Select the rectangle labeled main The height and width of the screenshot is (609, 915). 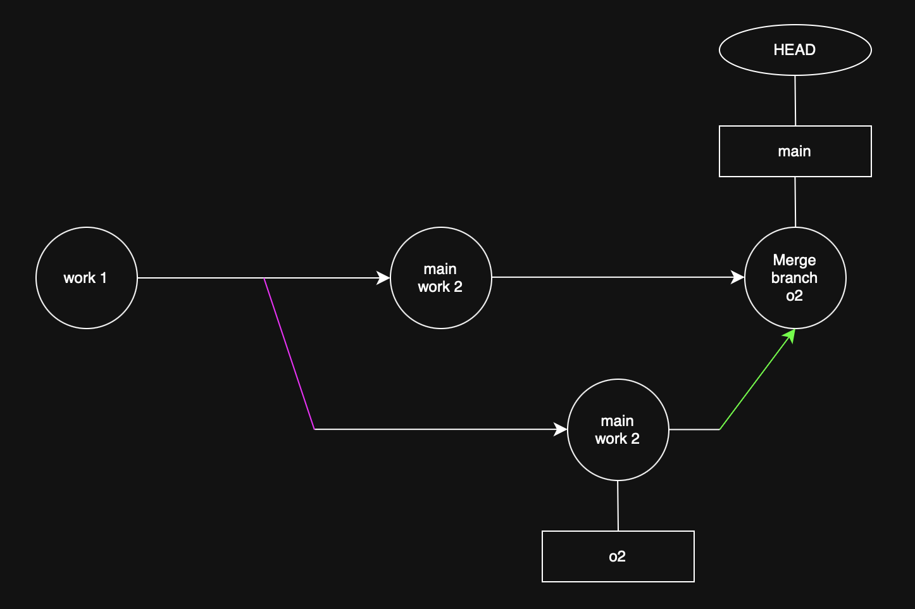coord(795,151)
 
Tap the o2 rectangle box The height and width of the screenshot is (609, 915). coord(618,556)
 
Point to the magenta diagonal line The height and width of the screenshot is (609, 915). coord(289,353)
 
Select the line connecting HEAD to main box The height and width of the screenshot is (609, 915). coord(795,101)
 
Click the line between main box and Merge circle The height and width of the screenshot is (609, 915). coord(795,202)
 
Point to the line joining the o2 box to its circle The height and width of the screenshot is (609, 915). coord(618,506)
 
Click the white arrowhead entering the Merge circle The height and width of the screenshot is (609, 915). coord(738,277)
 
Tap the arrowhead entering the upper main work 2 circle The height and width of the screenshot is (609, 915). coord(383,278)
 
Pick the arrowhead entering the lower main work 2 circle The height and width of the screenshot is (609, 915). coord(561,429)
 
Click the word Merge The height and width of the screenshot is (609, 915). coord(794,260)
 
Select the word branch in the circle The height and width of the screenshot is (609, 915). coord(794,278)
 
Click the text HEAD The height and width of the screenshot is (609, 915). coord(794,50)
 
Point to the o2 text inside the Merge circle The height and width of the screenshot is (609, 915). coord(794,296)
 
